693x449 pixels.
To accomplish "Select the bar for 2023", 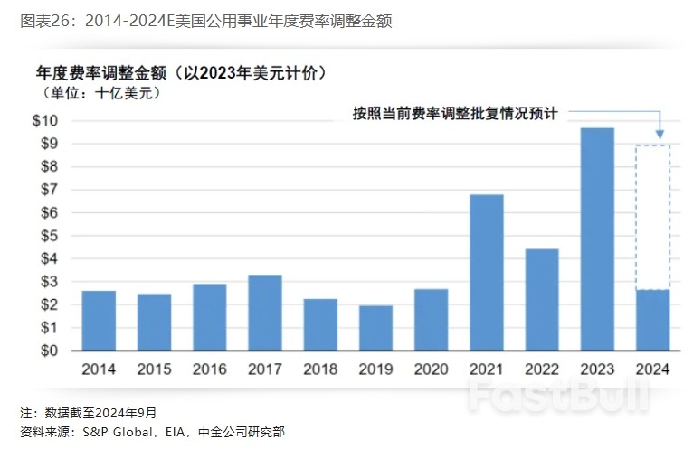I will (597, 239).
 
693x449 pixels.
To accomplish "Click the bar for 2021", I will (487, 273).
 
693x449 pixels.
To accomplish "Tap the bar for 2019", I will (375, 328).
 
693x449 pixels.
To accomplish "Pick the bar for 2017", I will (265, 313).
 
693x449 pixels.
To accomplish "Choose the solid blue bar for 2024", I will (652, 320).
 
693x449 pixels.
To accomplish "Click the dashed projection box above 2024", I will (652, 217).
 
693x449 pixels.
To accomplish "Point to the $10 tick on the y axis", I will (45, 121).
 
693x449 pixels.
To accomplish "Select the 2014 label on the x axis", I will (99, 370).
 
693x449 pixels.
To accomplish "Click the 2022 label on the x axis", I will (542, 370).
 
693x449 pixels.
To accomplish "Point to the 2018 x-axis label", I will (320, 370).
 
